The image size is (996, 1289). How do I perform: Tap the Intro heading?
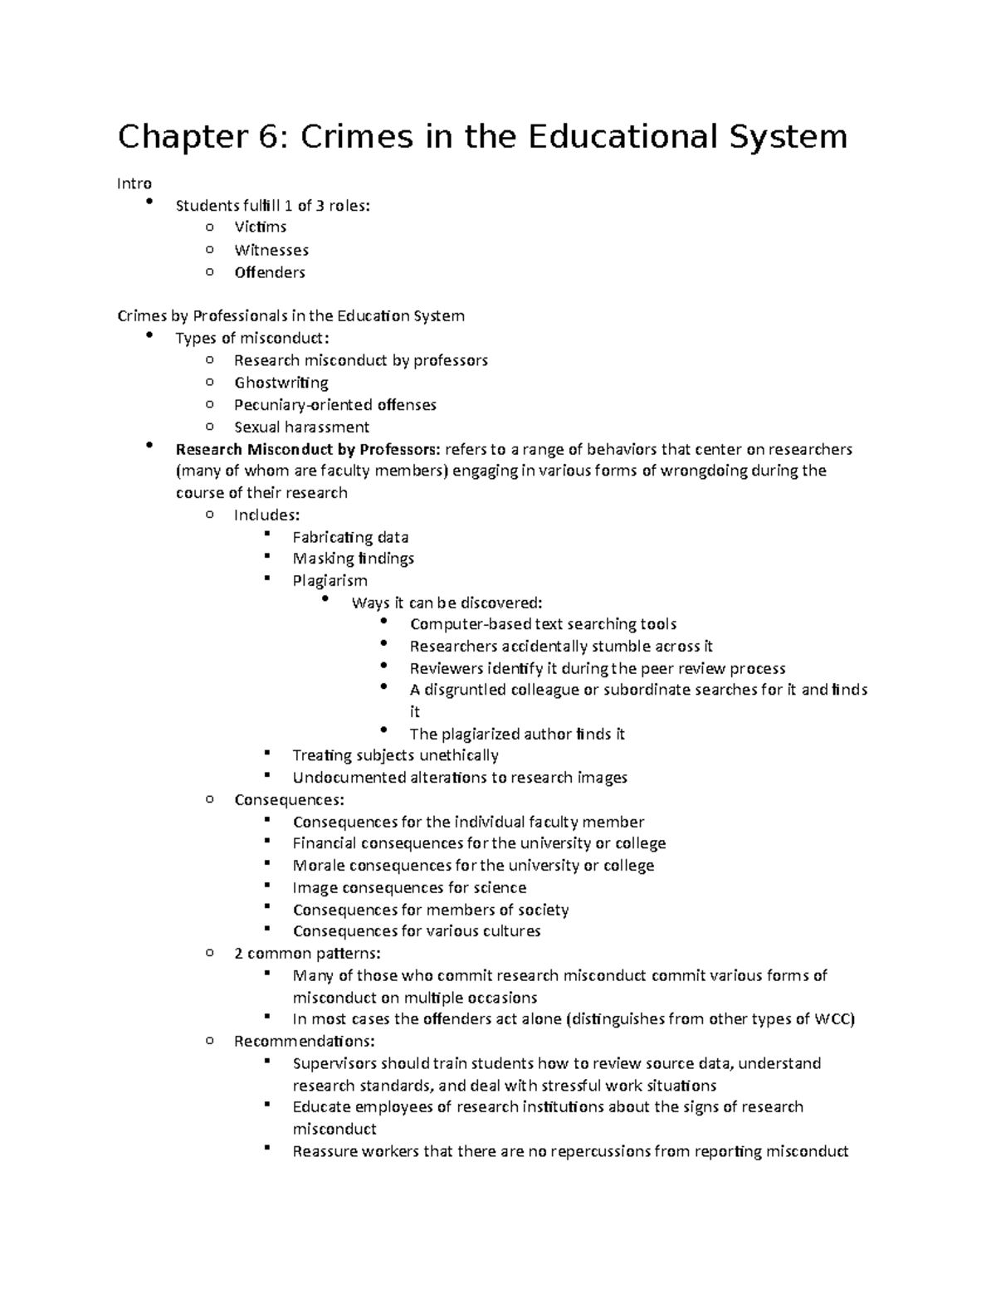[x=134, y=183]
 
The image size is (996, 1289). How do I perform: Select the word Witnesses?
[x=271, y=250]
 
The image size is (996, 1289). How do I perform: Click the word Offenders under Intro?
[x=269, y=272]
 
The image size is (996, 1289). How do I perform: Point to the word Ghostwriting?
[x=281, y=383]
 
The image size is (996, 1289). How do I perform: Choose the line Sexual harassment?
[x=301, y=427]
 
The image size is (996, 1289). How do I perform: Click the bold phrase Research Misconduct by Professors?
[x=307, y=449]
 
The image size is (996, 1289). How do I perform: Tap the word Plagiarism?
[x=330, y=580]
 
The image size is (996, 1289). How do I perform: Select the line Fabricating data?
[x=349, y=537]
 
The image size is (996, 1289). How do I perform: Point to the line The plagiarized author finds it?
[x=516, y=734]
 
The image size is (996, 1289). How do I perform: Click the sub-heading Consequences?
[x=288, y=800]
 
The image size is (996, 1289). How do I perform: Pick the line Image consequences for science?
[x=408, y=887]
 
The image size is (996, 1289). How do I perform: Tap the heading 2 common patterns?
[x=307, y=953]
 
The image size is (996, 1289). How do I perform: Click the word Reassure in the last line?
[x=325, y=1151]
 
